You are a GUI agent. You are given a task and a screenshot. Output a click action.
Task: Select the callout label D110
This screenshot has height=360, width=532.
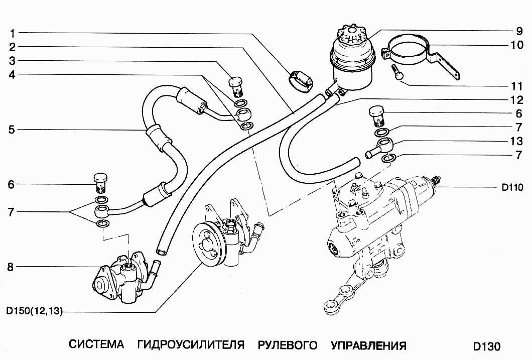click(512, 188)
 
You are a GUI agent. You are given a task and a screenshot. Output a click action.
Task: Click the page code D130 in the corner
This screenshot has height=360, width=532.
click(486, 346)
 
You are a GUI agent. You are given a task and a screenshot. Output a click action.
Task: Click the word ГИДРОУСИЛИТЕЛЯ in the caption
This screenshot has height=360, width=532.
click(190, 345)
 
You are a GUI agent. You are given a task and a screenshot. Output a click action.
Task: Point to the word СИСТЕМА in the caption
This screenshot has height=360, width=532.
click(96, 345)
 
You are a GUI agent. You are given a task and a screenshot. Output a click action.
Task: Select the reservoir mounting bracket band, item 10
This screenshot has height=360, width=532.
click(409, 50)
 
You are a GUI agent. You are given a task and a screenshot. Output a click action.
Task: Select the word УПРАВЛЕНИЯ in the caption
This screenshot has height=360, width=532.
click(368, 345)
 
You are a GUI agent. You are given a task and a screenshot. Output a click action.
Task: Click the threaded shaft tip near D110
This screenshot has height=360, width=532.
click(437, 178)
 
